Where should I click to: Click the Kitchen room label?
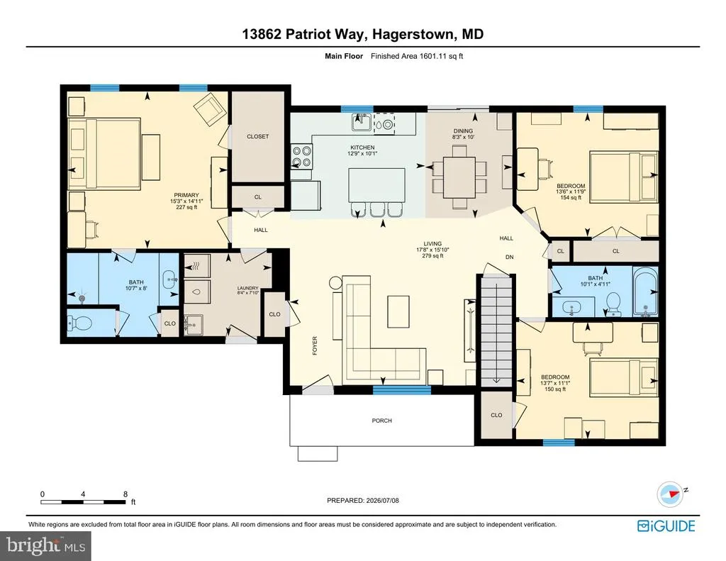362,148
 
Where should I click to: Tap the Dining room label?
463,131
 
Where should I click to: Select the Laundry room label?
247,288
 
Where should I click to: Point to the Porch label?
382,421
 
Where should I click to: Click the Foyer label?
315,345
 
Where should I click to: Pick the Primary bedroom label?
186,195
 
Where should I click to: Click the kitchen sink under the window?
362,123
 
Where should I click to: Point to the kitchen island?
377,185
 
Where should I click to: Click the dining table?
459,177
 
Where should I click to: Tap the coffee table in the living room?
398,312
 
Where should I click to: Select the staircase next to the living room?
496,330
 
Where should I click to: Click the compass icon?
670,494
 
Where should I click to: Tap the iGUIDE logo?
666,526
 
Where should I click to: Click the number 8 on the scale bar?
125,494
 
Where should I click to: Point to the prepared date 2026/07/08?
383,500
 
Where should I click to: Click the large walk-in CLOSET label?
258,136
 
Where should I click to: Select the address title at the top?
363,34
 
